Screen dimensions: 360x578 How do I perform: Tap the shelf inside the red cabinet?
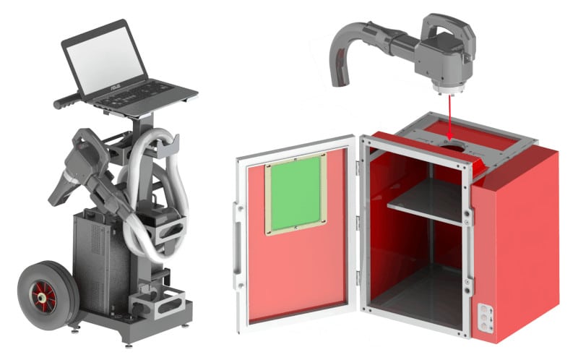pyautogui.click(x=426, y=201)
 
